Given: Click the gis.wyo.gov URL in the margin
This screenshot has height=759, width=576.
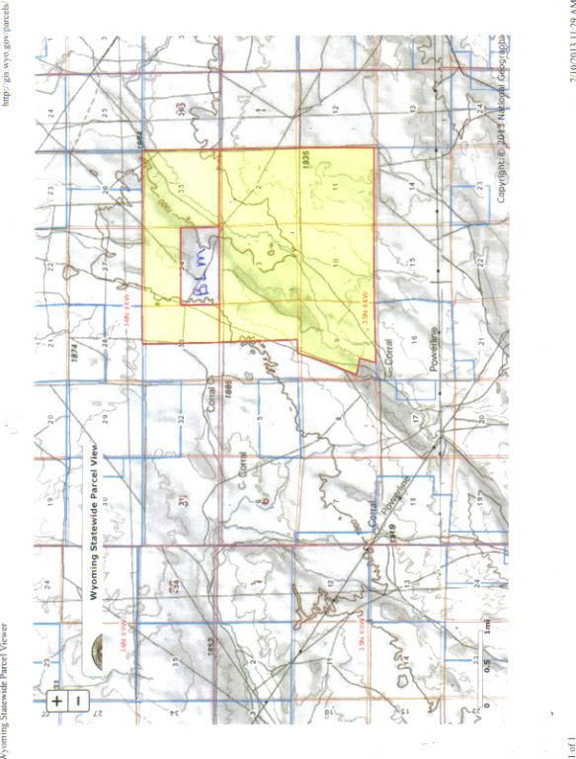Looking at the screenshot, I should click(6, 54).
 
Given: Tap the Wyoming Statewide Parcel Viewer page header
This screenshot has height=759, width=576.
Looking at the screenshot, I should click(6, 692).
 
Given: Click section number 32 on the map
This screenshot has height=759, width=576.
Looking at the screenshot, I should click(182, 418).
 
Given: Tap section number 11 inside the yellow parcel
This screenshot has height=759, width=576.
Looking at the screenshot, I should click(334, 187).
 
